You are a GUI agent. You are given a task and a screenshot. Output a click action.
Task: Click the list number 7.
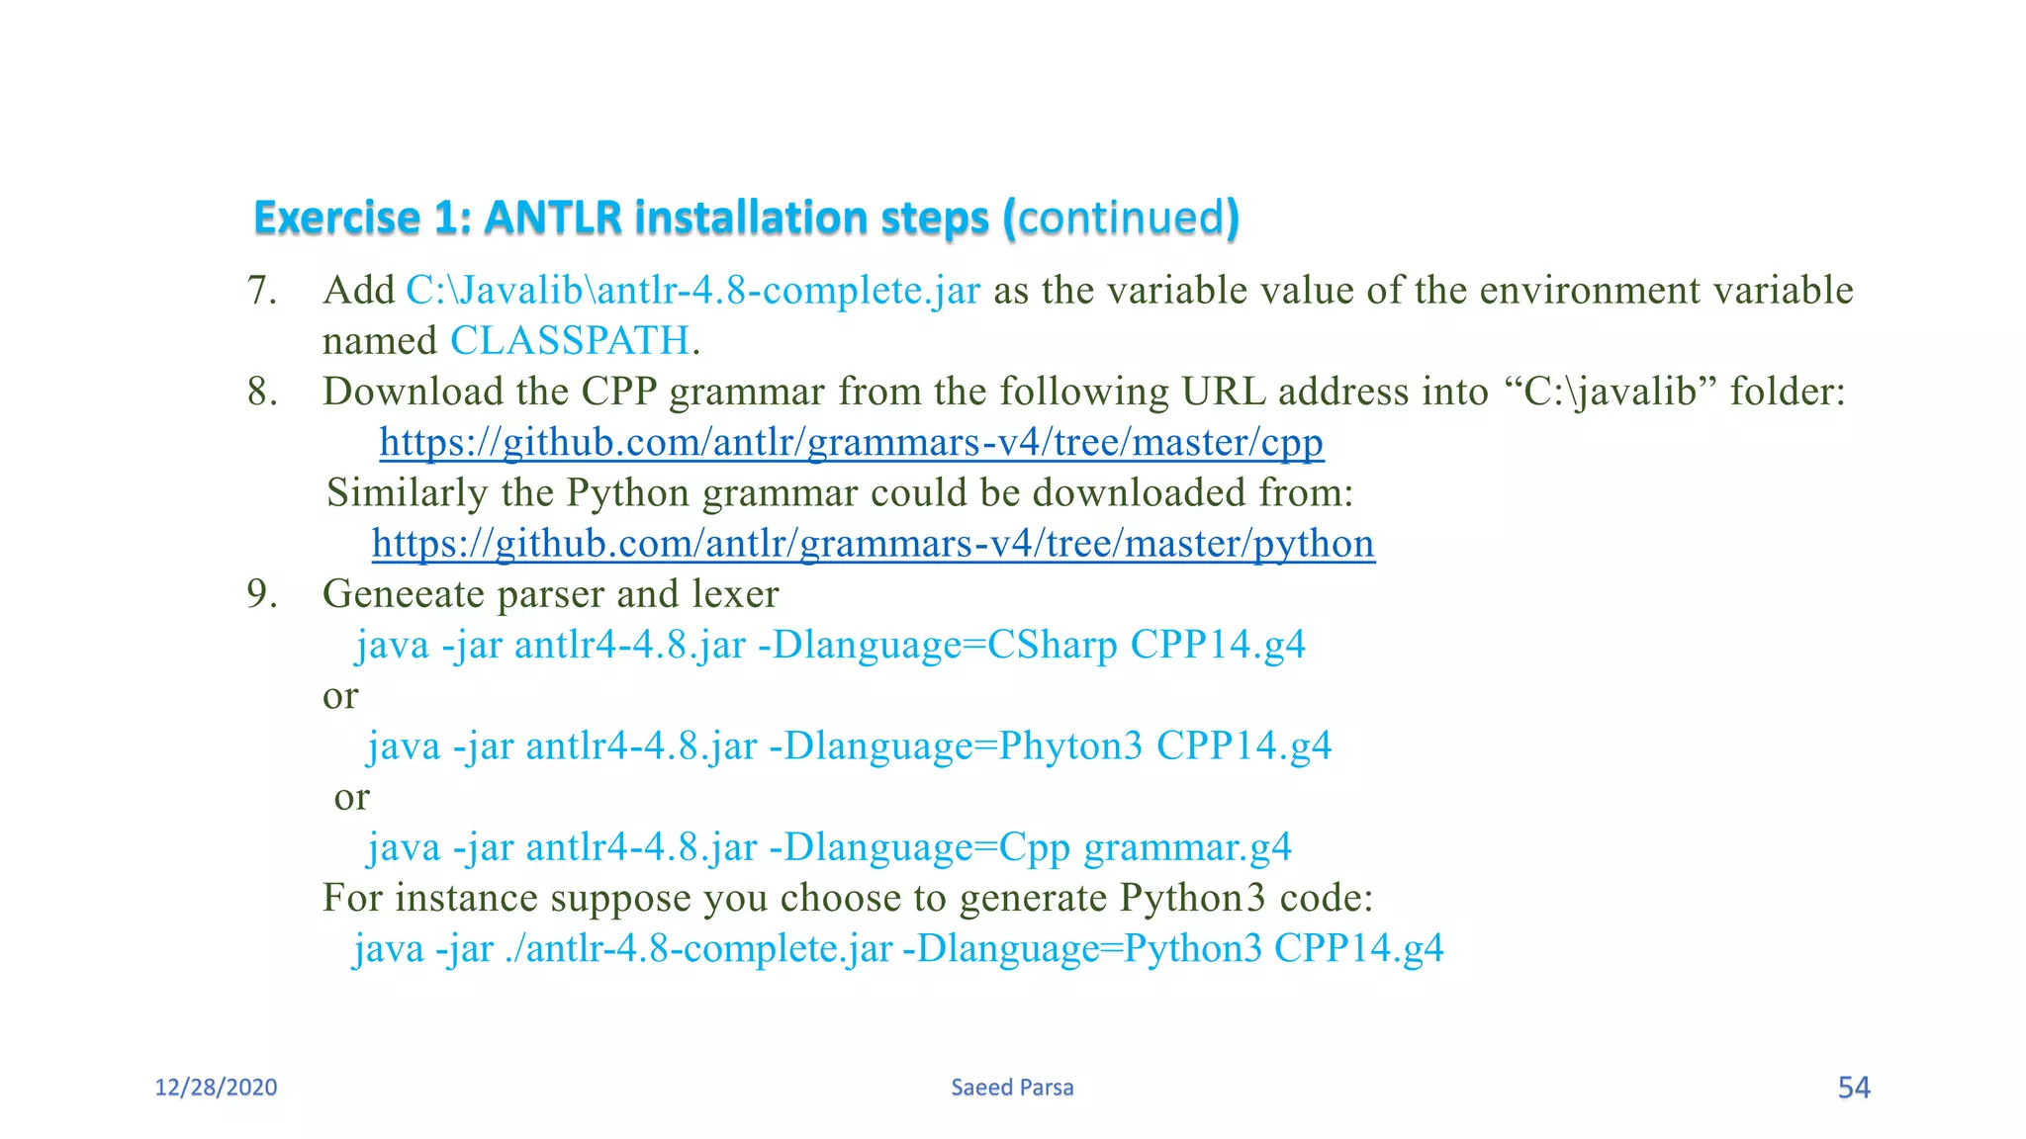coord(261,291)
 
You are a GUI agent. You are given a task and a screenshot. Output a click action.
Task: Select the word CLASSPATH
coord(570,341)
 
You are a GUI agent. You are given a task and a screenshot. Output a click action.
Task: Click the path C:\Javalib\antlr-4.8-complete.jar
coord(692,291)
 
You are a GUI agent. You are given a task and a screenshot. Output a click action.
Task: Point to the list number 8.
coord(261,392)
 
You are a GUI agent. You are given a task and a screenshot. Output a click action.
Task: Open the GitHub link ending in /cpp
coord(851,442)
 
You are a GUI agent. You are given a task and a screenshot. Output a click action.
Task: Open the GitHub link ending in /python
coord(873,544)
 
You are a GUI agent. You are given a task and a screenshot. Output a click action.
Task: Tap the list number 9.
coord(261,594)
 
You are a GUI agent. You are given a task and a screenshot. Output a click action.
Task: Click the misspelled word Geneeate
coord(404,594)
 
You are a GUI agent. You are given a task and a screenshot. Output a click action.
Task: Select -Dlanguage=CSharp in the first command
coord(937,645)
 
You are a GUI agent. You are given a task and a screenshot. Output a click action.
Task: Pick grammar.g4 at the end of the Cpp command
coord(1187,847)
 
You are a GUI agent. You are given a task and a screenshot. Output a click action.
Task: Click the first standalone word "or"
coord(340,696)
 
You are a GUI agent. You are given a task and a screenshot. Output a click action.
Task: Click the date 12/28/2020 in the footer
coord(216,1088)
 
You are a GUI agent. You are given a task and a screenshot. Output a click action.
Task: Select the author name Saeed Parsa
coord(1012,1088)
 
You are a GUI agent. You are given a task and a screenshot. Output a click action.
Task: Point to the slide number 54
coord(1854,1088)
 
